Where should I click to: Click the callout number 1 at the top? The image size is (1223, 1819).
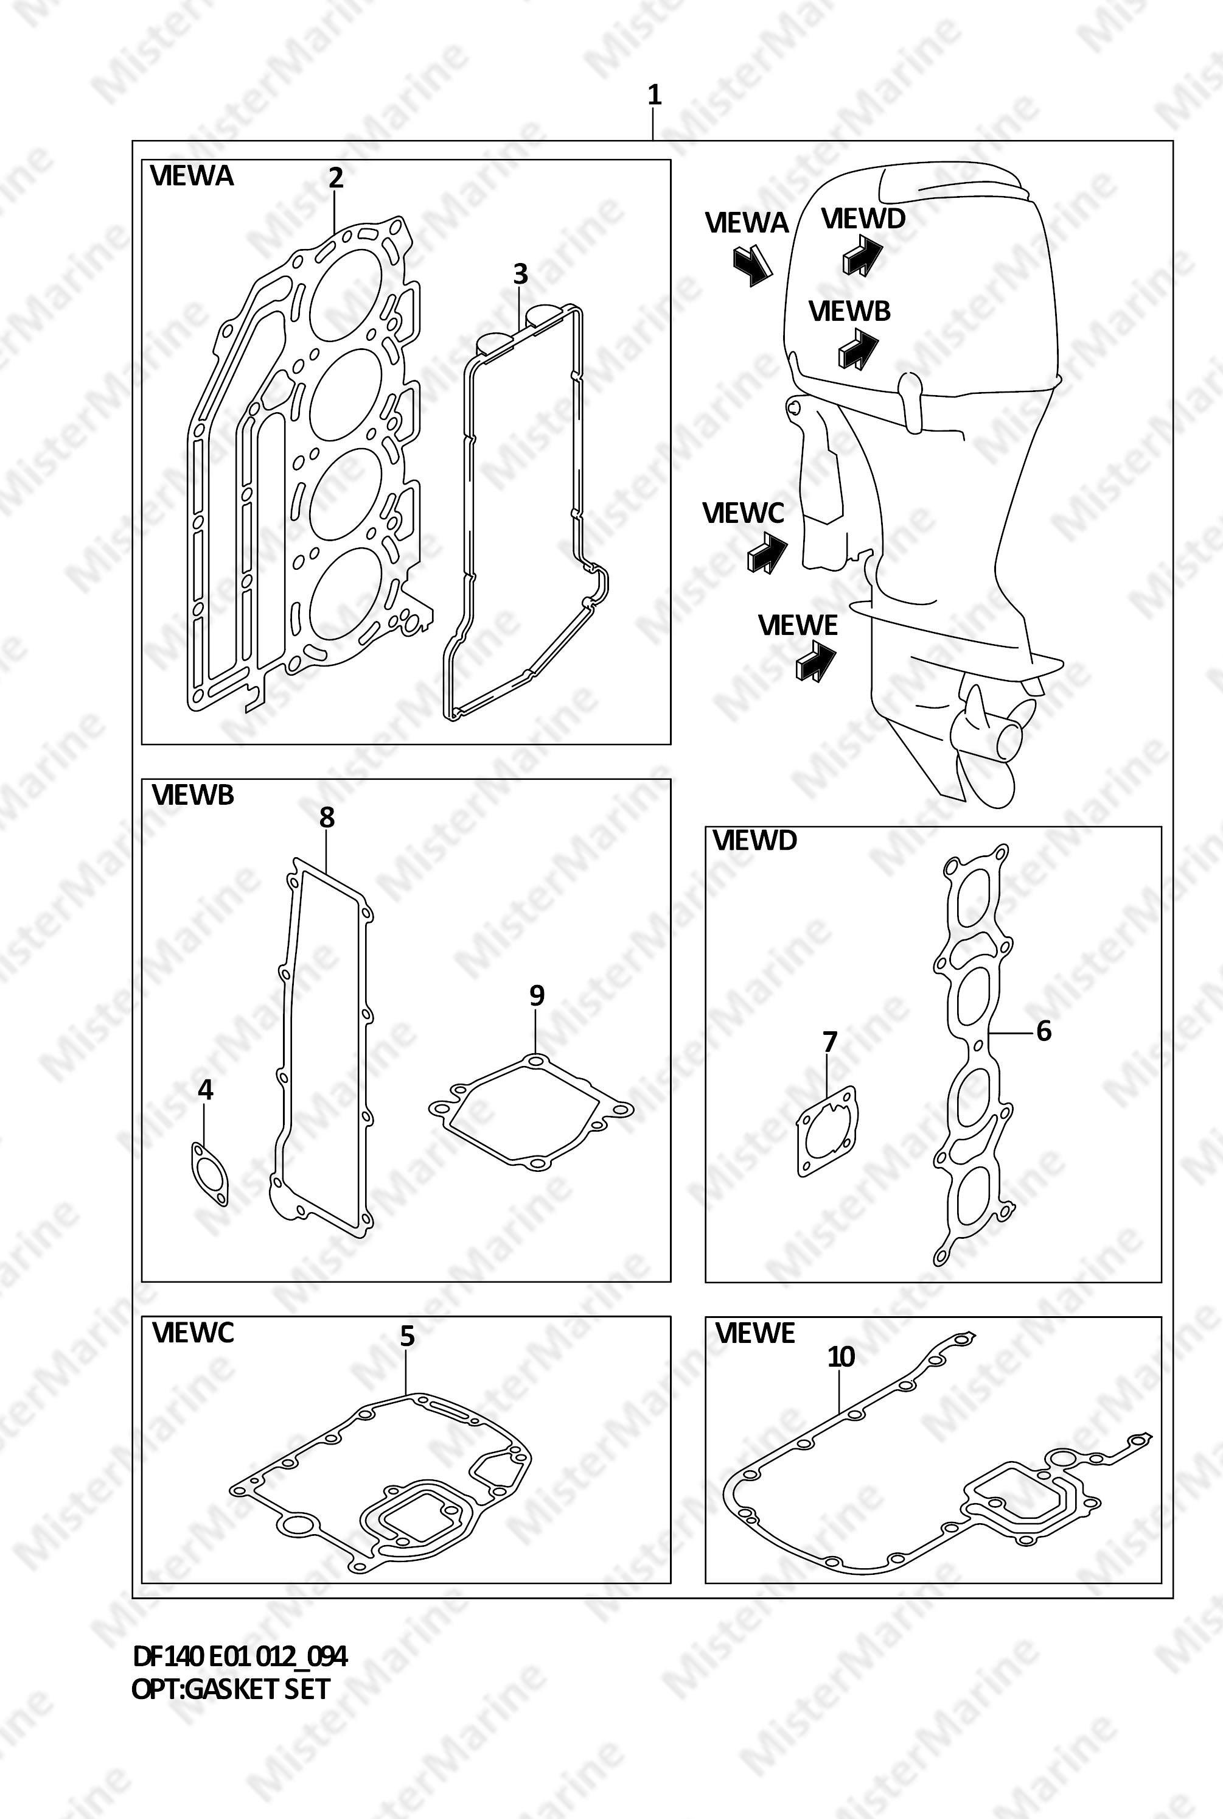click(x=655, y=95)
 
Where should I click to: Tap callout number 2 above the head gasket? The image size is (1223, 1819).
click(x=335, y=178)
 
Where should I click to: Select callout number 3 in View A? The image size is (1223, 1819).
click(x=520, y=274)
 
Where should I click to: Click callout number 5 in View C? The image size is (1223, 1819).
click(x=407, y=1337)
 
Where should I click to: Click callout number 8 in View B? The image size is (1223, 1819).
click(x=327, y=817)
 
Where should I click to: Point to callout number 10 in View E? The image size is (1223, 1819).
click(x=841, y=1356)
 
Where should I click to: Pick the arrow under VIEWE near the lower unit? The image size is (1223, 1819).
click(x=816, y=661)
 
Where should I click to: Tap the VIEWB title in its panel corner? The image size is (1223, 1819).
click(x=193, y=795)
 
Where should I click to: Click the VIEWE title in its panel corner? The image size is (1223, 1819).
click(x=755, y=1334)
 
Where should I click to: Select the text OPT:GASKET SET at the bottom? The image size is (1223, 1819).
click(x=231, y=1689)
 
